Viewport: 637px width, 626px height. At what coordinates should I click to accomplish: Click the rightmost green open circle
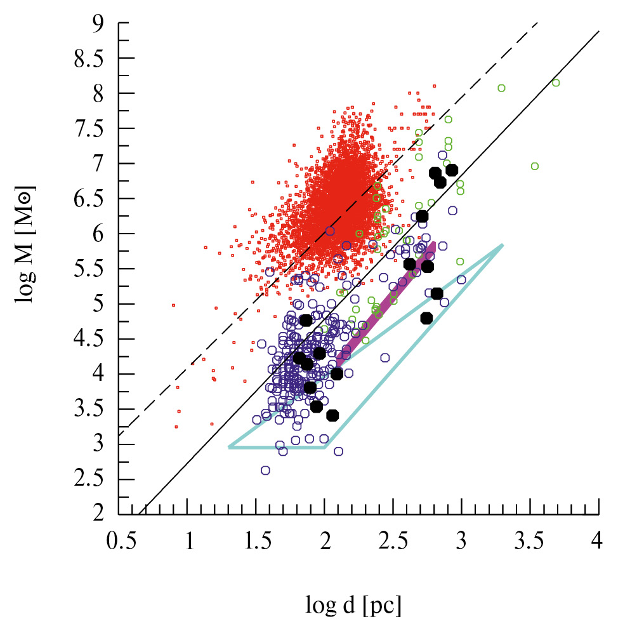(556, 83)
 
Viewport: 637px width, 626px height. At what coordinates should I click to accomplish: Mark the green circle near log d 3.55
(534, 166)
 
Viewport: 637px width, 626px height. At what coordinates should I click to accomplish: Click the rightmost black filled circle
(452, 170)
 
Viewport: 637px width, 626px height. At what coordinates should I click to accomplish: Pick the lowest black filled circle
(332, 415)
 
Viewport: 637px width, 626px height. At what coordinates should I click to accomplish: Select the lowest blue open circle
(265, 470)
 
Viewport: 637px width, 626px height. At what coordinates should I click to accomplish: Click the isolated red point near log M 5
(173, 305)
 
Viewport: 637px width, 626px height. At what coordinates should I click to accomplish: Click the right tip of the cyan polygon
(502, 244)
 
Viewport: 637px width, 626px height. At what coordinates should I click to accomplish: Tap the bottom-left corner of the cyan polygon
(229, 447)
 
